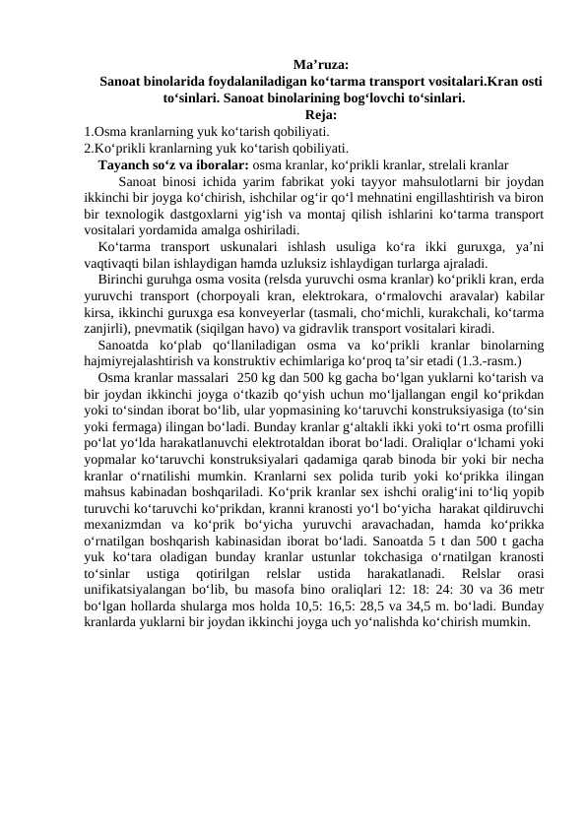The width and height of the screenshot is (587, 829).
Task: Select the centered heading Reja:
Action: point(319,114)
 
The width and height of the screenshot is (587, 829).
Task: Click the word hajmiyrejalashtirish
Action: point(145,361)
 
